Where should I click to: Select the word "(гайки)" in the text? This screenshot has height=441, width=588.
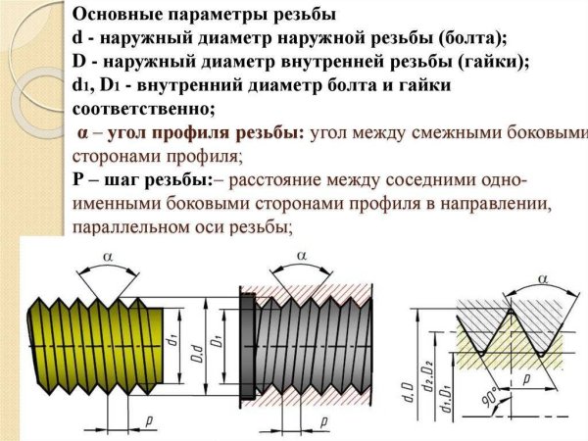tap(492, 62)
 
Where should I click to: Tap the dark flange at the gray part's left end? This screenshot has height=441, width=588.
tap(247, 338)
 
